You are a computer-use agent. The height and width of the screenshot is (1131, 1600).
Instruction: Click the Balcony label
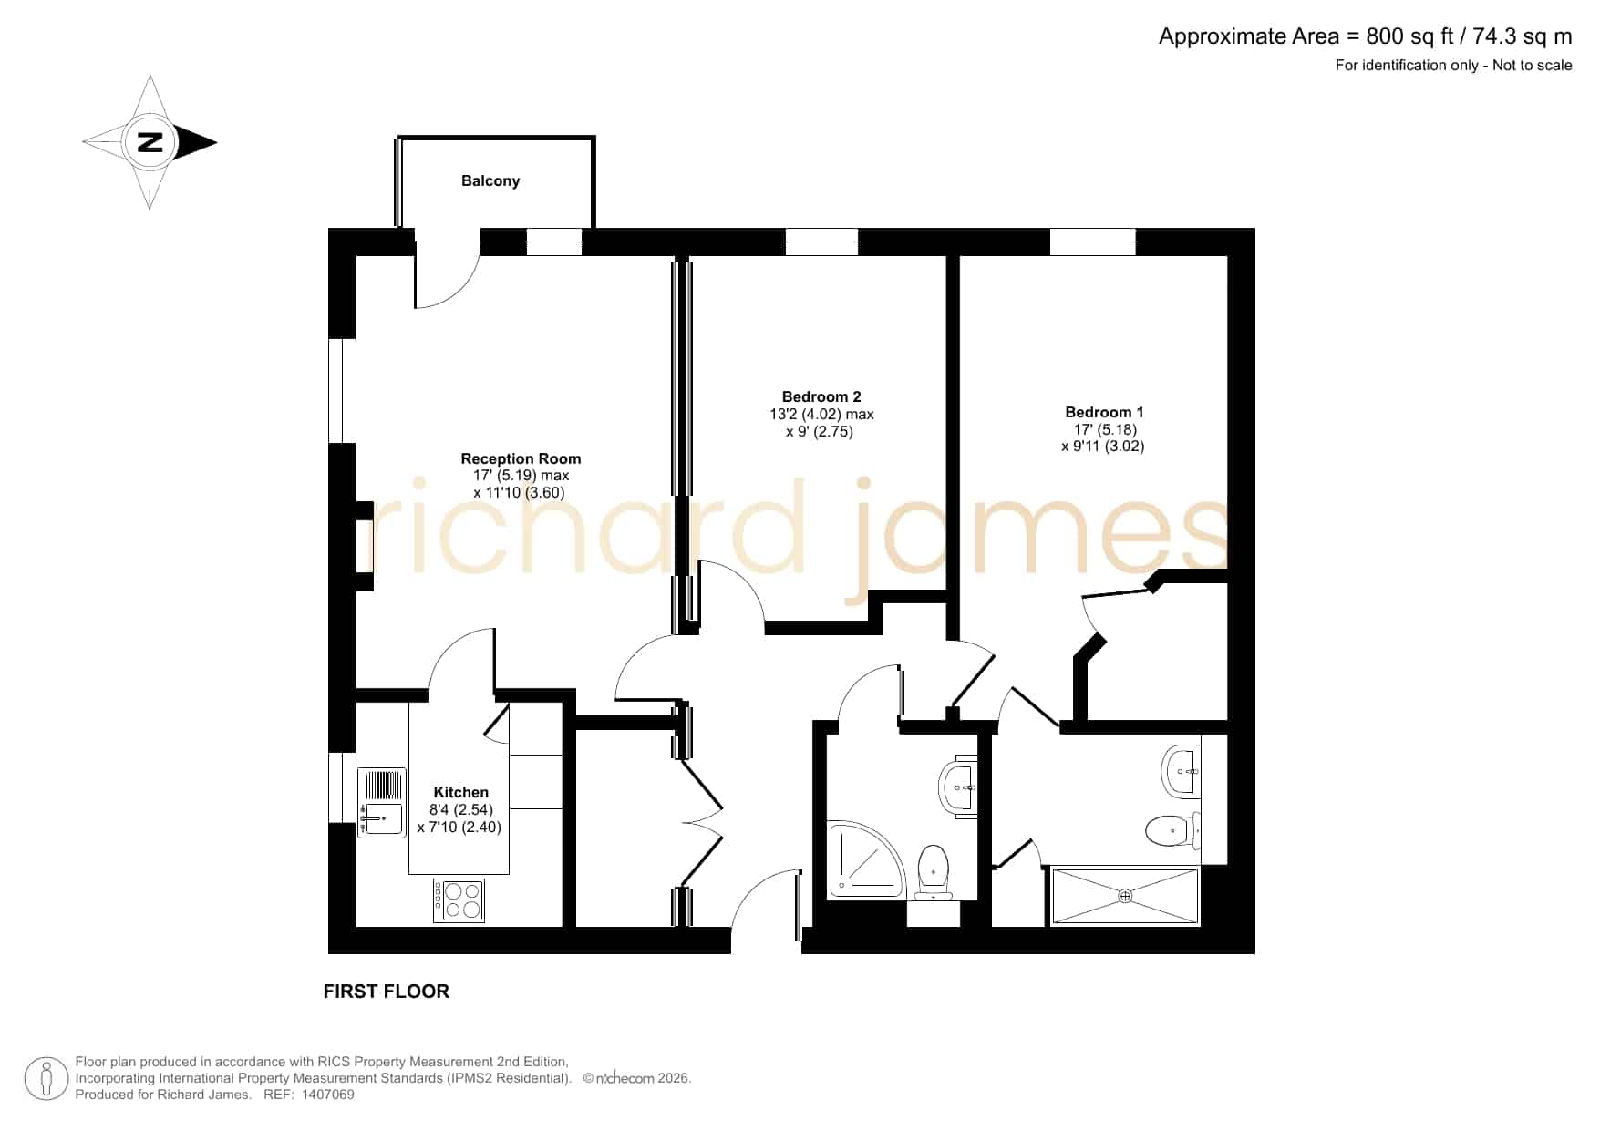tap(490, 180)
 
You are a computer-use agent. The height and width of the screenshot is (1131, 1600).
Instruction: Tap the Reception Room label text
tap(521, 458)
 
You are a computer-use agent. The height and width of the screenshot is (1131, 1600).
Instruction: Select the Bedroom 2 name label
tap(821, 396)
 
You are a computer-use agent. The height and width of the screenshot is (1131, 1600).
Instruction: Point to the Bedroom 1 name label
tap(1104, 412)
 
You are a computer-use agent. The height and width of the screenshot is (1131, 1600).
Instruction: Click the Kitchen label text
tap(460, 792)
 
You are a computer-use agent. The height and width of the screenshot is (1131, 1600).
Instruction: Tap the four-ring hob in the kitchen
tap(459, 900)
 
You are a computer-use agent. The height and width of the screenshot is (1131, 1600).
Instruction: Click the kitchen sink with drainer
tap(382, 803)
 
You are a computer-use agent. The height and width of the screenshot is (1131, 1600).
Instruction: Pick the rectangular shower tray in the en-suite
tap(1125, 897)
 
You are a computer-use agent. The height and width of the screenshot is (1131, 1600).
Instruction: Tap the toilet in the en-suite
tap(1173, 829)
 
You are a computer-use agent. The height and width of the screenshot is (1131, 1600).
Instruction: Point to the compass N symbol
tap(150, 142)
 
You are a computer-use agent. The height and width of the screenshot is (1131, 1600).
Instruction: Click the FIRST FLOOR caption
tap(387, 992)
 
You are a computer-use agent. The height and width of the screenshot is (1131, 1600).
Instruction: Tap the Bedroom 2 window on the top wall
tap(821, 242)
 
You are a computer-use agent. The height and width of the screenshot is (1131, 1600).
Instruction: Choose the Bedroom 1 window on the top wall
tap(1092, 242)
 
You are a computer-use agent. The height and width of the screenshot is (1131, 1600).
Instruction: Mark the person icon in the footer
tap(46, 1079)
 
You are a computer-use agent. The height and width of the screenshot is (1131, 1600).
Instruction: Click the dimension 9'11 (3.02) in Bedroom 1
tap(1103, 447)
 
